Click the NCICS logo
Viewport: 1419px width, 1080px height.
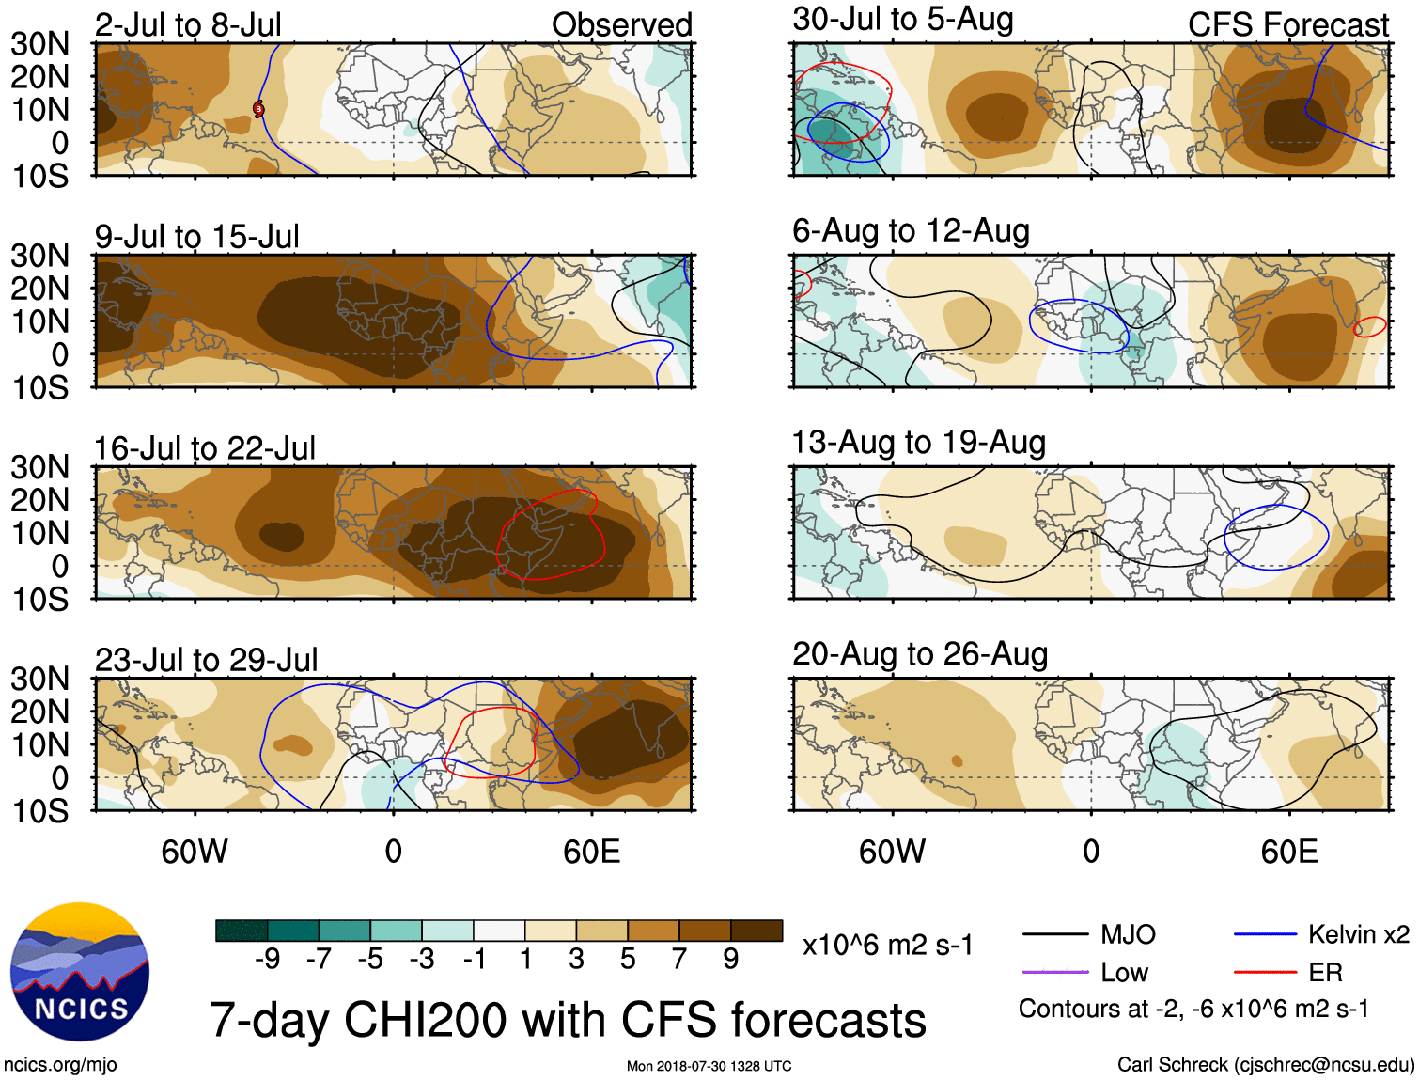click(80, 972)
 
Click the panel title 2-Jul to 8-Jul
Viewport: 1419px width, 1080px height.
click(188, 24)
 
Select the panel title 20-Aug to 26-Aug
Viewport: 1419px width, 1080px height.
click(920, 654)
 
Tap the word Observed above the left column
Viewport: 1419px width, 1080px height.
click(621, 24)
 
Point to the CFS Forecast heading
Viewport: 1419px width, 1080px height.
click(1287, 24)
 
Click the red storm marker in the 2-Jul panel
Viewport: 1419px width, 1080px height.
click(258, 109)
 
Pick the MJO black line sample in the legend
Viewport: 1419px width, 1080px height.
click(1054, 934)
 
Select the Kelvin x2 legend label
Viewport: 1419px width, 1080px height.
click(1358, 934)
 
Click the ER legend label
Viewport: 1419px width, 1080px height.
click(1325, 972)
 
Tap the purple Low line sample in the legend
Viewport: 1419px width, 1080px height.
click(1054, 972)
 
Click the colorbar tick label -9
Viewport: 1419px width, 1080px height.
click(267, 959)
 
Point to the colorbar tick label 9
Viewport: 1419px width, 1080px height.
click(731, 959)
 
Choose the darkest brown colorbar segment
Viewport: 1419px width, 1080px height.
click(756, 931)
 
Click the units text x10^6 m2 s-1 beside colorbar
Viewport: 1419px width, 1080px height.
click(887, 945)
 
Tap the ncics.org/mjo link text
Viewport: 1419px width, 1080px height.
click(60, 1064)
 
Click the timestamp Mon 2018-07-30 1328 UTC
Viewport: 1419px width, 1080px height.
click(709, 1066)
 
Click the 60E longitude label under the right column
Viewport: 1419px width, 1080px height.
click(1288, 852)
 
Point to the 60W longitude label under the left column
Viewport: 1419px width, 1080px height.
click(195, 852)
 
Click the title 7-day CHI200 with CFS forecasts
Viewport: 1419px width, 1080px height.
click(568, 1020)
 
